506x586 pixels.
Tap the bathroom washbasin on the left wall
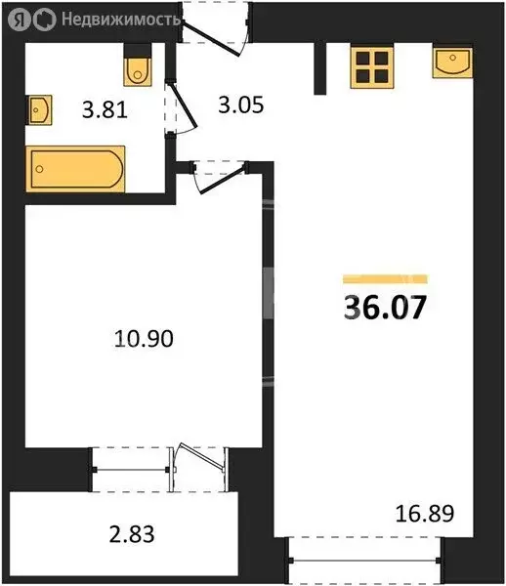pos(39,109)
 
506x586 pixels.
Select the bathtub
pos(75,169)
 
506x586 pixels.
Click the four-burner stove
pos(372,67)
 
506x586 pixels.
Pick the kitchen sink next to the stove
pos(452,63)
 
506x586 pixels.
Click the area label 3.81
pos(105,110)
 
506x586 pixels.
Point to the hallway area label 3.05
pos(241,105)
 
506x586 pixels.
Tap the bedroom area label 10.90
pos(144,339)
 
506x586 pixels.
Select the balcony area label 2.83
pos(132,534)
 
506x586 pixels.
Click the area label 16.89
pos(425,514)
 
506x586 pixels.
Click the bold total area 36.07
pos(385,308)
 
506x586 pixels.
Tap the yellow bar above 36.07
pos(385,278)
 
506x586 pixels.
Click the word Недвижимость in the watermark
pos(121,20)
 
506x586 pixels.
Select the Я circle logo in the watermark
pos(20,20)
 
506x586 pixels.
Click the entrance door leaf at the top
pos(211,40)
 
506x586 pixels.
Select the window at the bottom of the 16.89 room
pos(364,560)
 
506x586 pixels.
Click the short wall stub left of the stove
pos(319,68)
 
